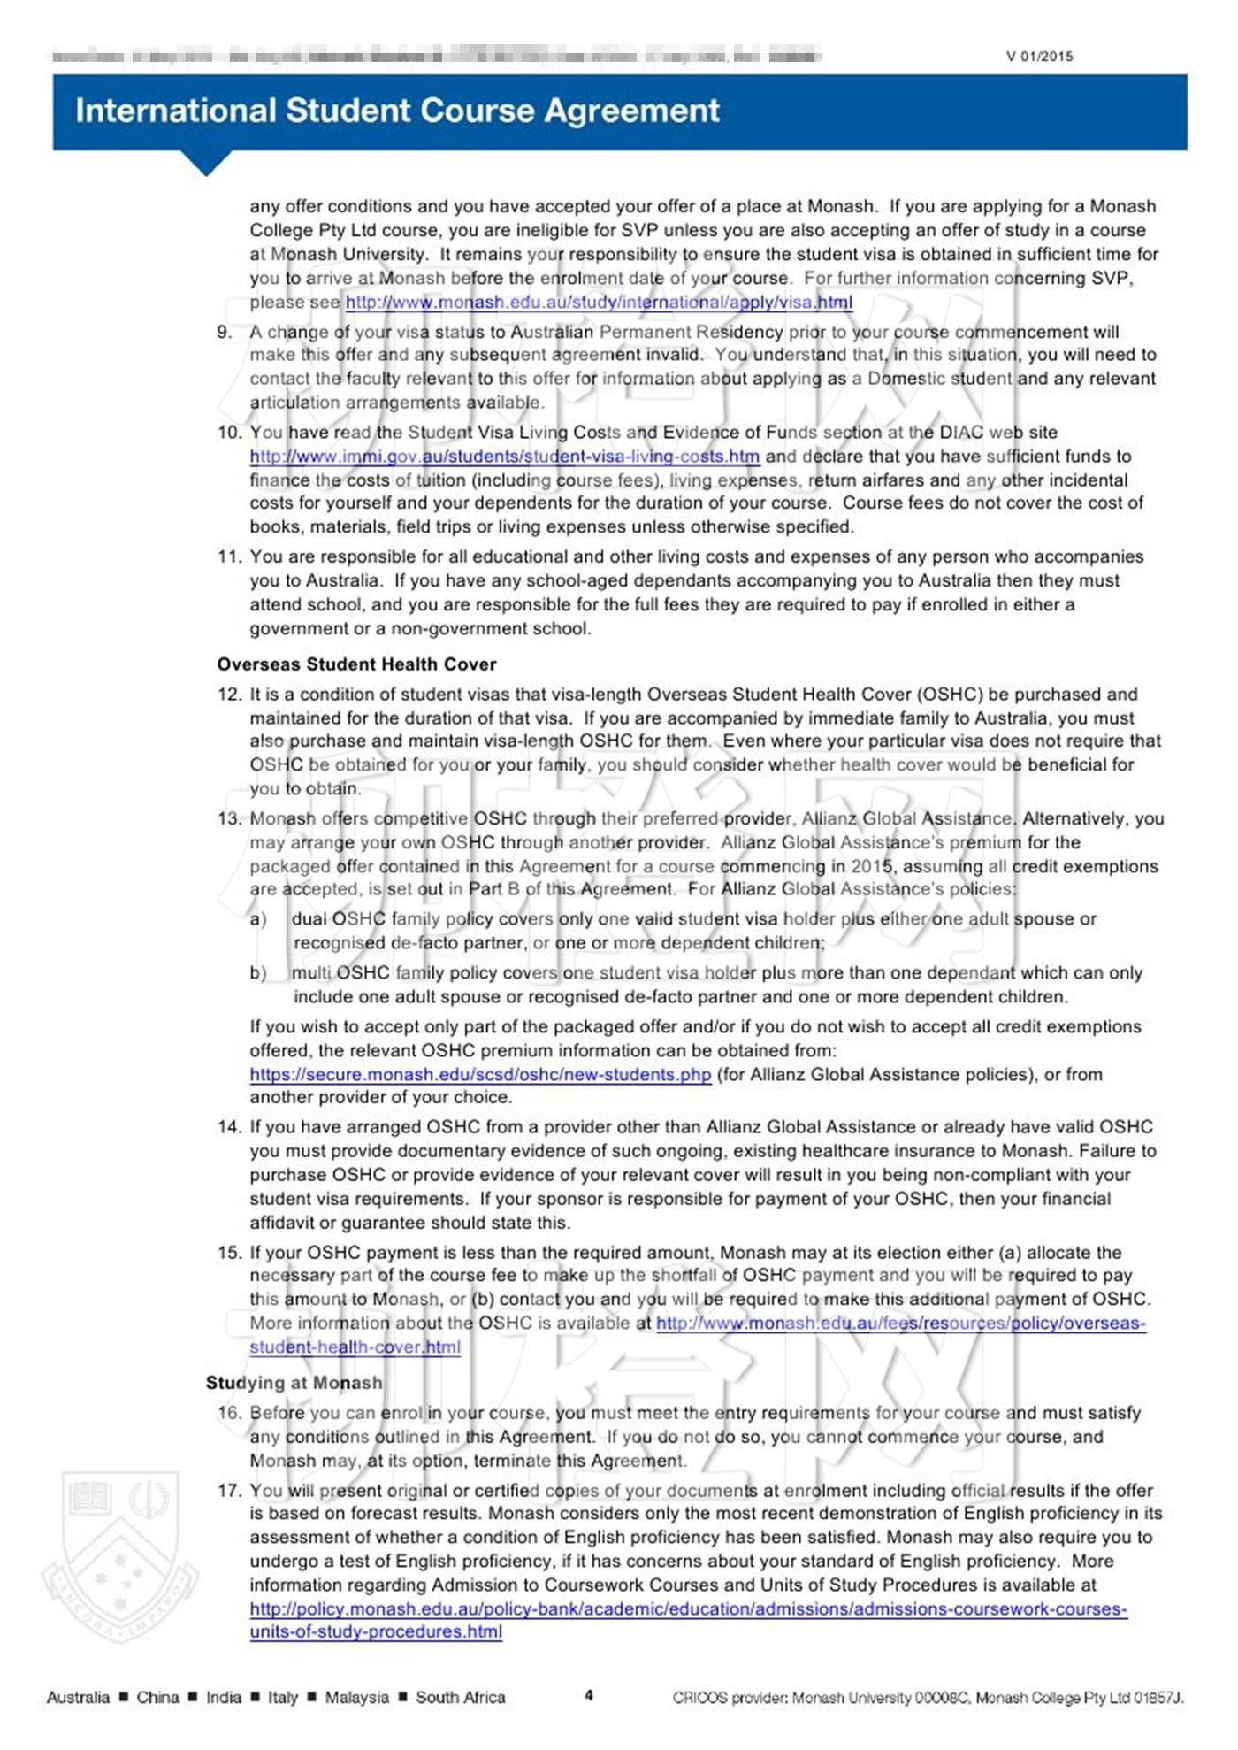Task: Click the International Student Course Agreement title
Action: pos(397,111)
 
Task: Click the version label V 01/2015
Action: pos(1039,57)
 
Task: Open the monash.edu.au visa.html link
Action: pos(599,303)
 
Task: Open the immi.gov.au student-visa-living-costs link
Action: pos(504,457)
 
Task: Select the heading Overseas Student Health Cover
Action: pos(356,664)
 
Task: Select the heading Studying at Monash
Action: pos(294,1383)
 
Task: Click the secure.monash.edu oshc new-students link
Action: pos(480,1075)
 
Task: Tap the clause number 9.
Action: pos(225,333)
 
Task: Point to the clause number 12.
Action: pos(228,695)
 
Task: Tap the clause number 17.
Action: pos(228,1491)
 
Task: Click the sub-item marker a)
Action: pos(258,920)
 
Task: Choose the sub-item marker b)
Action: pos(258,973)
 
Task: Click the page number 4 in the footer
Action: pos(589,1696)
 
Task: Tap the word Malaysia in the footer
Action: pos(356,1698)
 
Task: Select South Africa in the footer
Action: pos(460,1698)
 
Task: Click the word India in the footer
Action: pos(223,1698)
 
